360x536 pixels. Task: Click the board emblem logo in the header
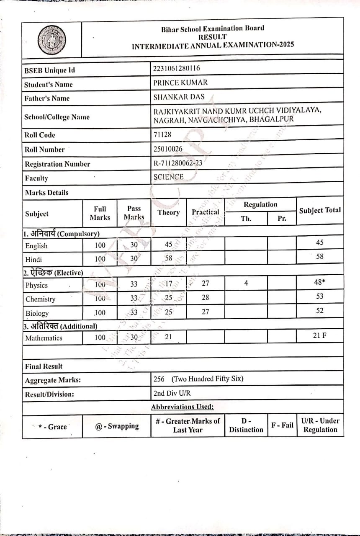point(51,40)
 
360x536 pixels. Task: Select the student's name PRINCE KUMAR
point(180,82)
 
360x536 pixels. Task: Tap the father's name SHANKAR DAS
point(179,97)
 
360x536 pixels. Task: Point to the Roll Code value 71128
point(162,134)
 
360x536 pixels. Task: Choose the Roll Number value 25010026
point(168,149)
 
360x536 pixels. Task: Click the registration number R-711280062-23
point(178,163)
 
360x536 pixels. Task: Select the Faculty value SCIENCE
point(168,177)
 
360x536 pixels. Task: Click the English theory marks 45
point(168,245)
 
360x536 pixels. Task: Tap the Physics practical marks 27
point(205,283)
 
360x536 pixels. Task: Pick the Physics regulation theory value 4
point(246,283)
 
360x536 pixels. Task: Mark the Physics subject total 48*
point(320,282)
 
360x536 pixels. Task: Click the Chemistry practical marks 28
point(205,297)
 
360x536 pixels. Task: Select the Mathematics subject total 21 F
point(320,335)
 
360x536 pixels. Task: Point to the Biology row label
point(37,313)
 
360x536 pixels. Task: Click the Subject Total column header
point(320,211)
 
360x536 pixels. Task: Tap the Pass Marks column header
point(134,213)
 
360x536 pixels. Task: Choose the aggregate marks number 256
point(159,379)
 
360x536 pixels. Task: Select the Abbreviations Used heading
point(183,407)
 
